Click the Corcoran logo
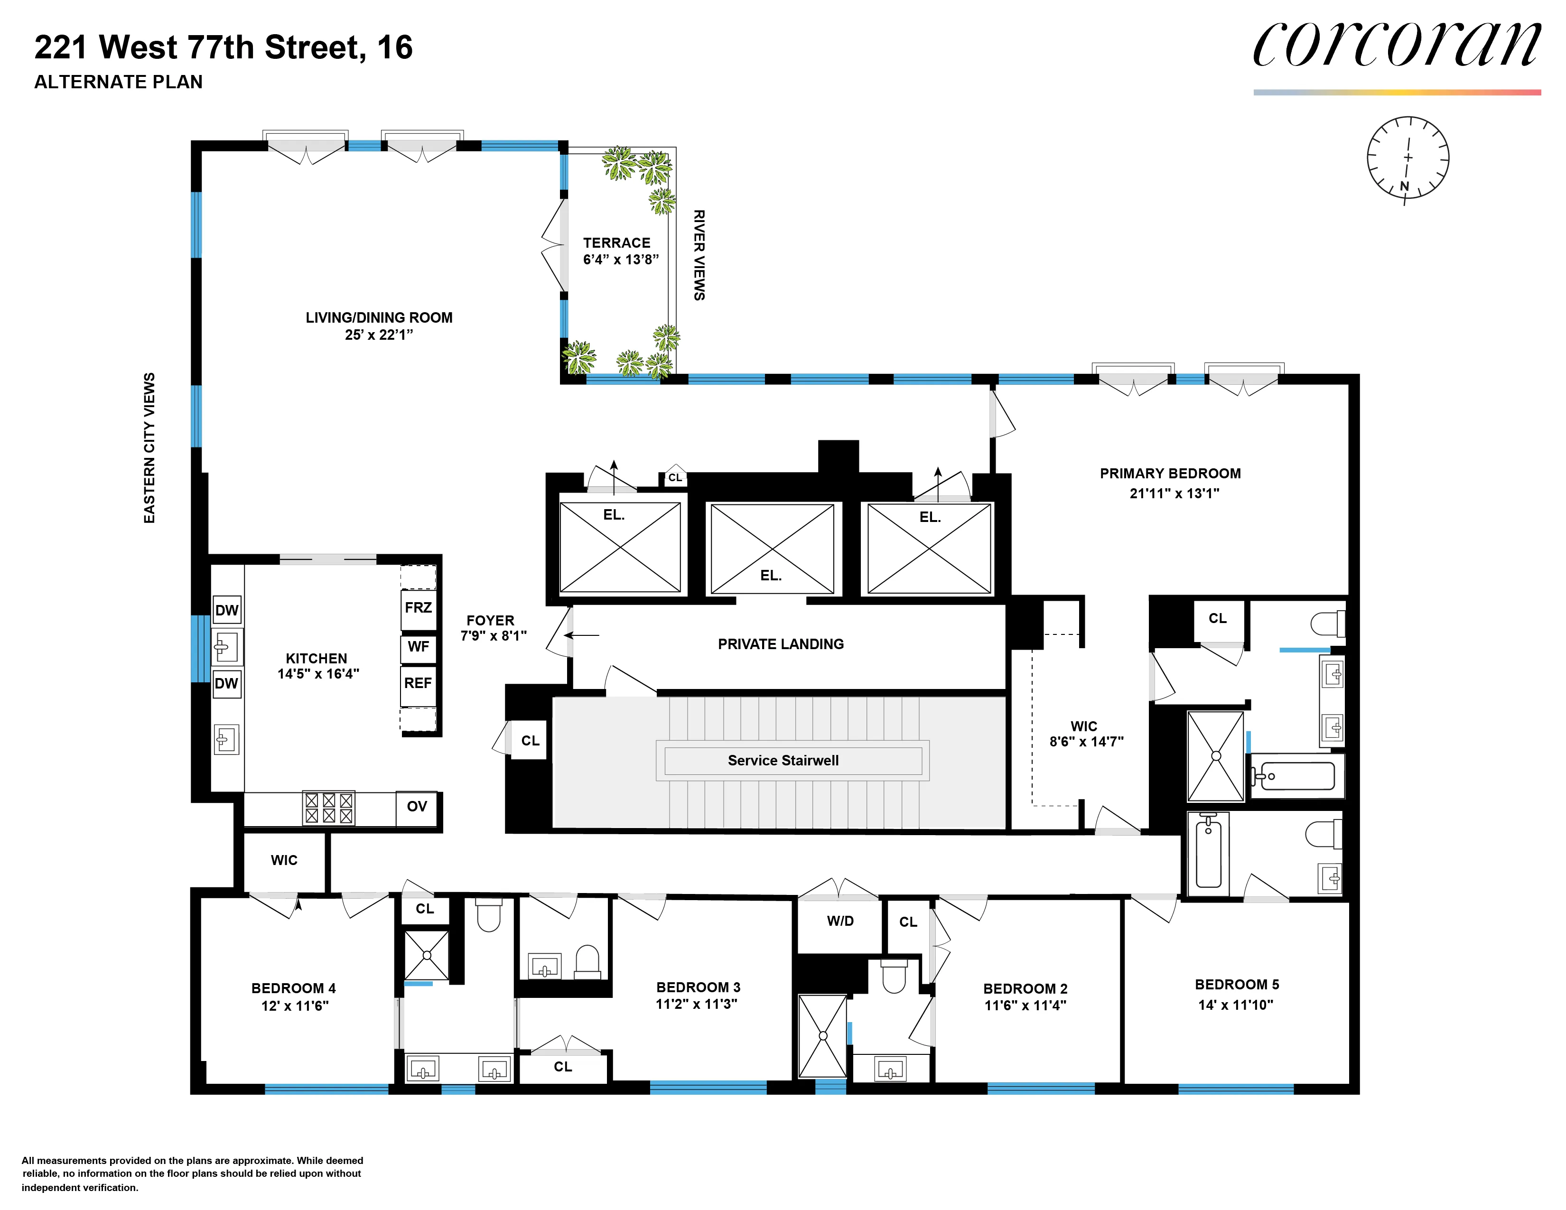1396,46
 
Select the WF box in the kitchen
418,647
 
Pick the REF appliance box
418,684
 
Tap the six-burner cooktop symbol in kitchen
328,808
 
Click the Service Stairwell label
783,761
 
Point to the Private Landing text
780,644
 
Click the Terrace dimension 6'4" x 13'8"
620,260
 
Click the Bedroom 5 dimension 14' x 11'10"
1235,1005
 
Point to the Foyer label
491,621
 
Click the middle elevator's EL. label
771,576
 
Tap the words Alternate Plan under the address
118,83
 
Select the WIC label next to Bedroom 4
284,860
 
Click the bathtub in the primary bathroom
1297,776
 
